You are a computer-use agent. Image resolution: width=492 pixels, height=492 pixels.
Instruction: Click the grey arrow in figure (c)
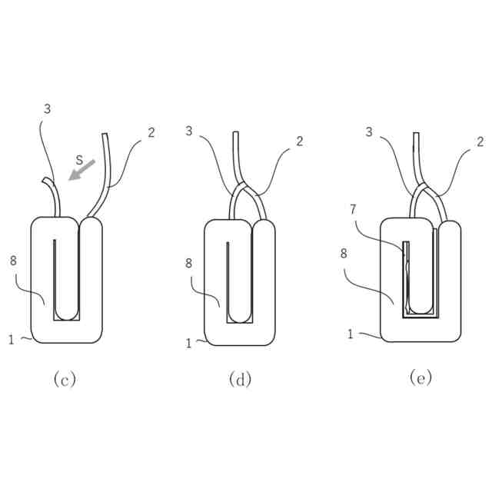click(x=82, y=169)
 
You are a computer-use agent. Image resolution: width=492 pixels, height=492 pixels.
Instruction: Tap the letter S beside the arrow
click(x=79, y=159)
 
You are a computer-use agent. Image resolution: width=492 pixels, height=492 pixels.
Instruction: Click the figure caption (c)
click(x=65, y=379)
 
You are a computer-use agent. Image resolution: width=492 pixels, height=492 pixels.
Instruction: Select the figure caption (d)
click(x=240, y=379)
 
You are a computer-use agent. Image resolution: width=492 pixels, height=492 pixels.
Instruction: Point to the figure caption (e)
click(x=421, y=377)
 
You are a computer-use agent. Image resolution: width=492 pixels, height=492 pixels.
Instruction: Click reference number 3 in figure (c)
click(x=47, y=109)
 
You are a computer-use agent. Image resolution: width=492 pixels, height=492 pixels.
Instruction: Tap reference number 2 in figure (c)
click(x=151, y=132)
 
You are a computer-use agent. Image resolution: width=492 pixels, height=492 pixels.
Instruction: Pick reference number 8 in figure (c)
click(x=13, y=261)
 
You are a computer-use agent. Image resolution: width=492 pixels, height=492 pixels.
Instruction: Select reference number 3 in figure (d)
click(x=188, y=131)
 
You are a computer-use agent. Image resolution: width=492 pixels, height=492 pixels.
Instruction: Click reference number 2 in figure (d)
click(x=299, y=141)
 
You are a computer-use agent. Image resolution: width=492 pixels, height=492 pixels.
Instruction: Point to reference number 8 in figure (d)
click(x=188, y=262)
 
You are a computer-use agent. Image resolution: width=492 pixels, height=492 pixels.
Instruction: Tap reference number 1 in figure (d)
click(x=188, y=344)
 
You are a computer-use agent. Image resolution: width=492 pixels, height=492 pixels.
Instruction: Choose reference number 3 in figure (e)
click(x=369, y=132)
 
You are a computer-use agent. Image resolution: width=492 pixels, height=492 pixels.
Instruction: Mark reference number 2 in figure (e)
click(x=480, y=141)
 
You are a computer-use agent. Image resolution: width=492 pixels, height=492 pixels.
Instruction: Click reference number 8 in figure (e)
click(x=343, y=251)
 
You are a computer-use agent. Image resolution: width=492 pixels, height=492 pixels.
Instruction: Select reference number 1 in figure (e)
click(x=350, y=334)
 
